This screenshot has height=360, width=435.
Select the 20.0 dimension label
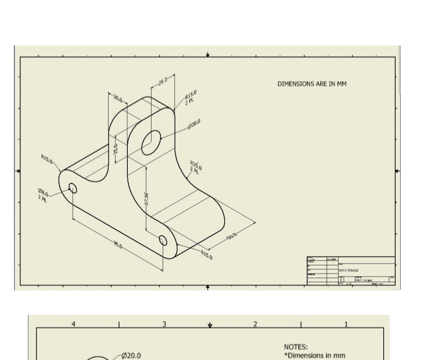[118, 99]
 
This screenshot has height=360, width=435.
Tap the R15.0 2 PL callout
[191, 97]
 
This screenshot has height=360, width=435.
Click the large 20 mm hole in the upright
[151, 142]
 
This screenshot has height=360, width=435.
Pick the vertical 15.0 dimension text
[116, 149]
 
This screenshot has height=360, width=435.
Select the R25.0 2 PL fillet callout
[196, 167]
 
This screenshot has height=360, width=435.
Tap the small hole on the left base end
[73, 188]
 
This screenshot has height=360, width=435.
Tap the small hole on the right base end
[163, 240]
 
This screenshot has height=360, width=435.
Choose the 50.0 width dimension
[232, 238]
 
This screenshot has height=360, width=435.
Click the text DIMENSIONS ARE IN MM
[311, 84]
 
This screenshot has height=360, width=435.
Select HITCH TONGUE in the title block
[349, 270]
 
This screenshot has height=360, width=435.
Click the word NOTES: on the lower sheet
[296, 347]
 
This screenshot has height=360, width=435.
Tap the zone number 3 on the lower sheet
[164, 324]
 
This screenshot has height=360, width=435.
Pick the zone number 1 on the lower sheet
[346, 324]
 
